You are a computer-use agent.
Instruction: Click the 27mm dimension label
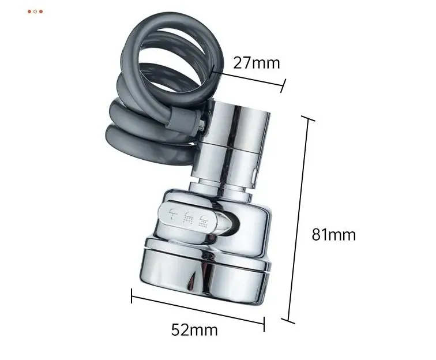[x=257, y=63]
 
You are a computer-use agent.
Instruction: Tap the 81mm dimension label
[x=333, y=235]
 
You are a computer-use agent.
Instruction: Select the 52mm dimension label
[x=194, y=329]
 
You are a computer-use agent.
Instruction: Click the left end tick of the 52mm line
[x=131, y=296]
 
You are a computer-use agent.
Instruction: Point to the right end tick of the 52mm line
[x=264, y=324]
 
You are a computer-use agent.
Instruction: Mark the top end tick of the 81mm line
[x=308, y=119]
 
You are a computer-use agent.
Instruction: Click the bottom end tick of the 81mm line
[x=288, y=321]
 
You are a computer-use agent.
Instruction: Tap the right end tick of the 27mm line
[x=283, y=86]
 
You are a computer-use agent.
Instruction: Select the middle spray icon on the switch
[x=189, y=217]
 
